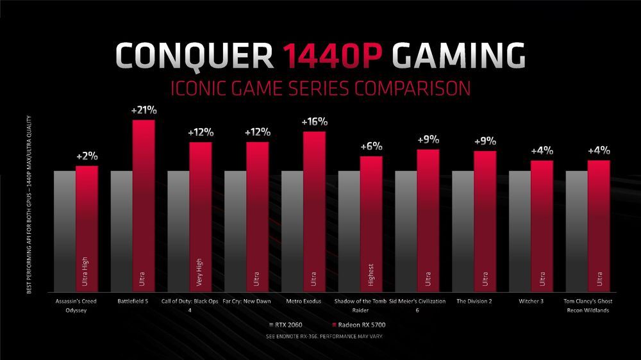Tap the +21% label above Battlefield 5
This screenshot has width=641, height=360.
(x=144, y=110)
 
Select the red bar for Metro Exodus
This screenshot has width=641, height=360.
(x=314, y=211)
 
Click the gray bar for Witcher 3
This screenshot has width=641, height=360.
(x=520, y=231)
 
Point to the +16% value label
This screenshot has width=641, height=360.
(x=314, y=122)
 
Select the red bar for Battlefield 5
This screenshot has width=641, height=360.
(x=144, y=205)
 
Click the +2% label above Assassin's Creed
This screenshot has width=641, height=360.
(x=87, y=156)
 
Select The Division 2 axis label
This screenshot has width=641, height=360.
(x=476, y=299)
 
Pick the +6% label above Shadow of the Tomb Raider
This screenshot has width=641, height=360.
(x=371, y=146)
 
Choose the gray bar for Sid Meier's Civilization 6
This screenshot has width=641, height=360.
(x=406, y=231)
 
